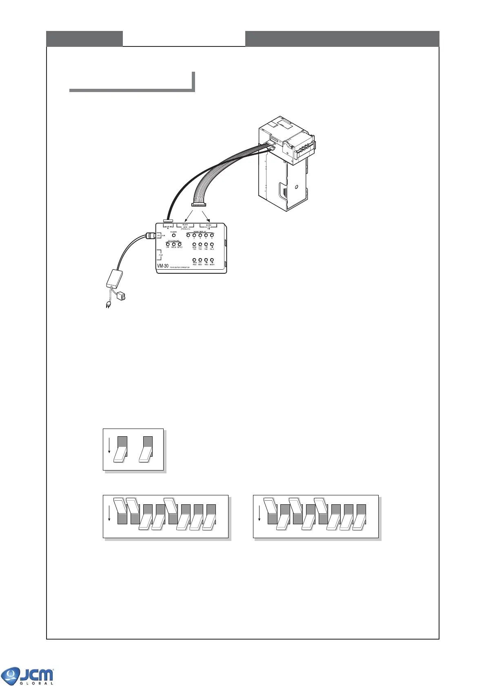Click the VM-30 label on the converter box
163,266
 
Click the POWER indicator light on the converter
174,235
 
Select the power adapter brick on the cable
115,278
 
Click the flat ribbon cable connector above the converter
199,204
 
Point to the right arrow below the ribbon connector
207,215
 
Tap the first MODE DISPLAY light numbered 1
189,235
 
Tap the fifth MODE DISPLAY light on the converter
212,235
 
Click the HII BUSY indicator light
212,260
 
